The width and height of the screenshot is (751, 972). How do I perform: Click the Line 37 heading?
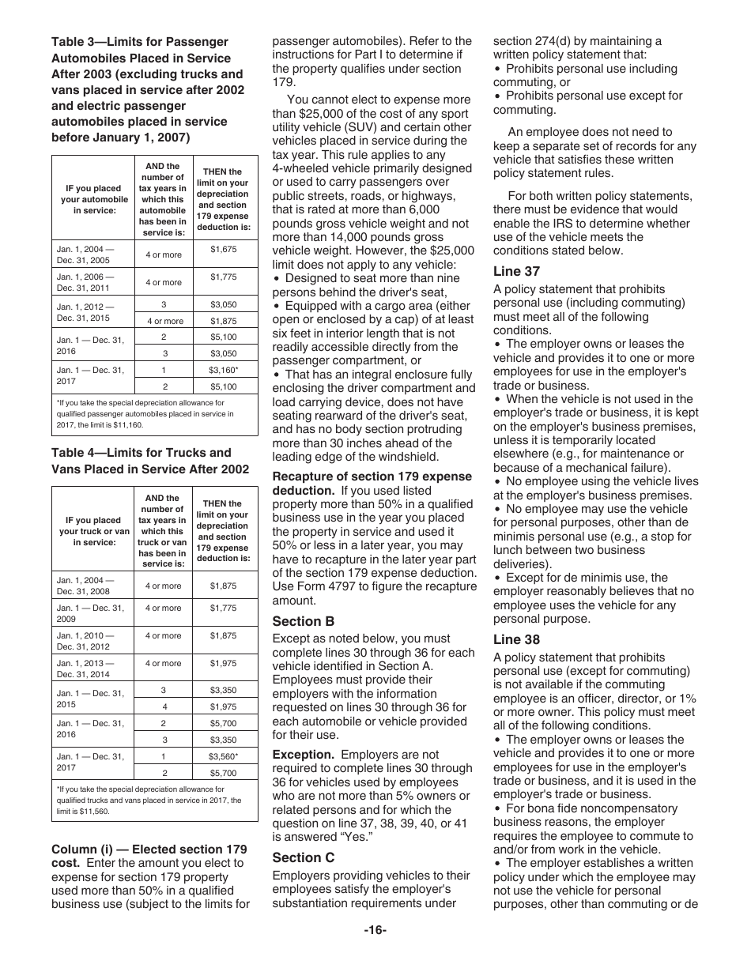coord(516,272)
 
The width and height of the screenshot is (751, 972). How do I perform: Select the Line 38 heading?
coord(516,639)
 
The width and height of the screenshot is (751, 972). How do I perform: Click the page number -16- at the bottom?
coord(375,930)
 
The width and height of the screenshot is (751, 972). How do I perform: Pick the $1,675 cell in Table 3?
coord(224,249)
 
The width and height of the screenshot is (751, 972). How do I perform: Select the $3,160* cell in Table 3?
coord(224,370)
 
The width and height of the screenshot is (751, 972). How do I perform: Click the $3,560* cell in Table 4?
coord(224,756)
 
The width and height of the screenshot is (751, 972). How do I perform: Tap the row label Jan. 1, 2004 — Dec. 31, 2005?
coord(85,254)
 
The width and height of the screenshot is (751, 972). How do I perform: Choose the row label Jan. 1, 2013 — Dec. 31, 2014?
coord(85,669)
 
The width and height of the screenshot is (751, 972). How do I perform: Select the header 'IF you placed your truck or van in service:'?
coord(92,531)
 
